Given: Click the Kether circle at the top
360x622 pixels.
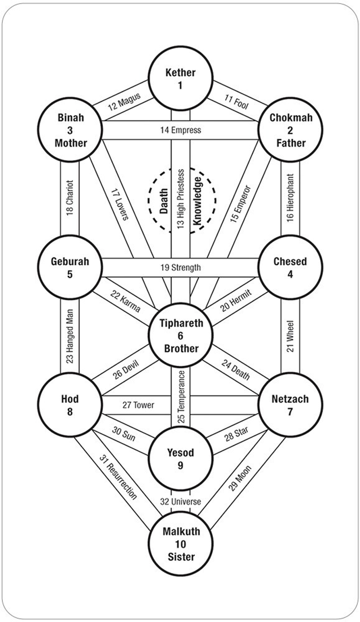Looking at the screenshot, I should point(180,78).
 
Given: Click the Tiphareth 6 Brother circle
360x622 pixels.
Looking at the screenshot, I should point(181,336).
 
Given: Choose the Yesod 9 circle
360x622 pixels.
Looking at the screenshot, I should point(180,458).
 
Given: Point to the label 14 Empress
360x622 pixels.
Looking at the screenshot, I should point(180,130).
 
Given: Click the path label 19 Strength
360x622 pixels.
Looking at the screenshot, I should point(180,268).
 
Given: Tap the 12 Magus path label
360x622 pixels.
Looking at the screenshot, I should point(124,102).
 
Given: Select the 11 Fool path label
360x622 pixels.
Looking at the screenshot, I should point(237,102).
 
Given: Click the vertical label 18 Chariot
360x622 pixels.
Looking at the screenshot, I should point(70,198).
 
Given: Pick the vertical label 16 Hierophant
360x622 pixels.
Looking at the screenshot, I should point(290,198).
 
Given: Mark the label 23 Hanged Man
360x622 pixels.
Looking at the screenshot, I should point(70,336).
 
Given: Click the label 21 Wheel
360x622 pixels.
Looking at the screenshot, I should point(290,336).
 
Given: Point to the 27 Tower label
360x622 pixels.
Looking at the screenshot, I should point(138,405).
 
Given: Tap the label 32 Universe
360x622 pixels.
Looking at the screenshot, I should point(180,501).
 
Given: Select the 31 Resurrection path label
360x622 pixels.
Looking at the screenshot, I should point(118,477).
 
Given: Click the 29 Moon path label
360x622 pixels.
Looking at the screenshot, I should point(240,478).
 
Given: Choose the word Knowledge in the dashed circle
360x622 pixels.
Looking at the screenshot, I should point(198,201).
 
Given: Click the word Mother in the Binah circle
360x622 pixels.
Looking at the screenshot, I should point(71,143).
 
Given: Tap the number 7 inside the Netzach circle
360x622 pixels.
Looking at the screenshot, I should point(290,412).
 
